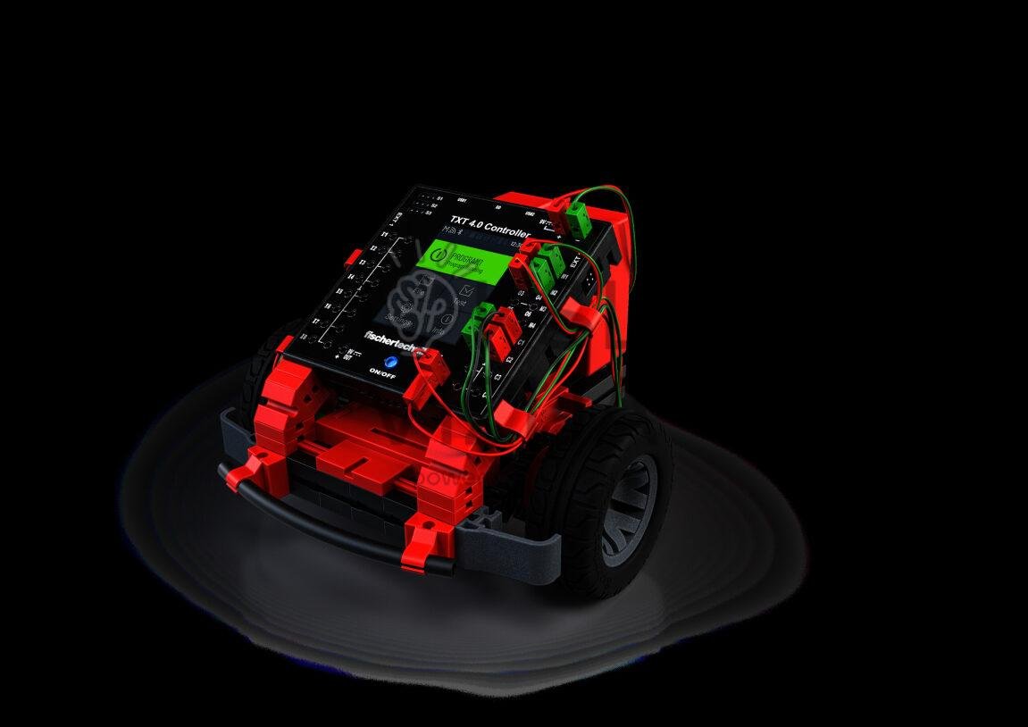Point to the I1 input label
386,235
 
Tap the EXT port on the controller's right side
574,262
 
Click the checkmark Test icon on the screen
462,292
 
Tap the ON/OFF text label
383,372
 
